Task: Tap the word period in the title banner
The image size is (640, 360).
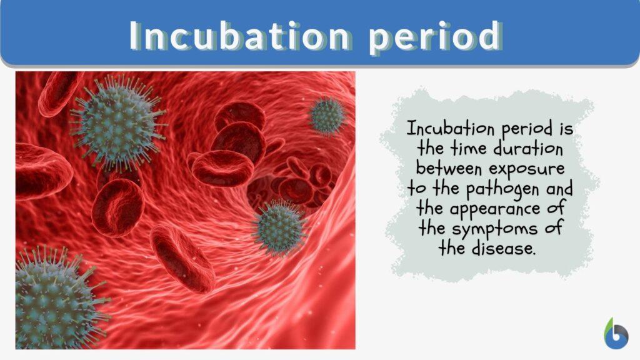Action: [434, 37]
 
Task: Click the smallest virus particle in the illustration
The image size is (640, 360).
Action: [327, 115]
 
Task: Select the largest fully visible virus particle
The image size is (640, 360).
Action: [117, 122]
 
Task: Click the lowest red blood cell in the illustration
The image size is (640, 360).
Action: [182, 259]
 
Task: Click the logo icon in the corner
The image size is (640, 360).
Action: [615, 332]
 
